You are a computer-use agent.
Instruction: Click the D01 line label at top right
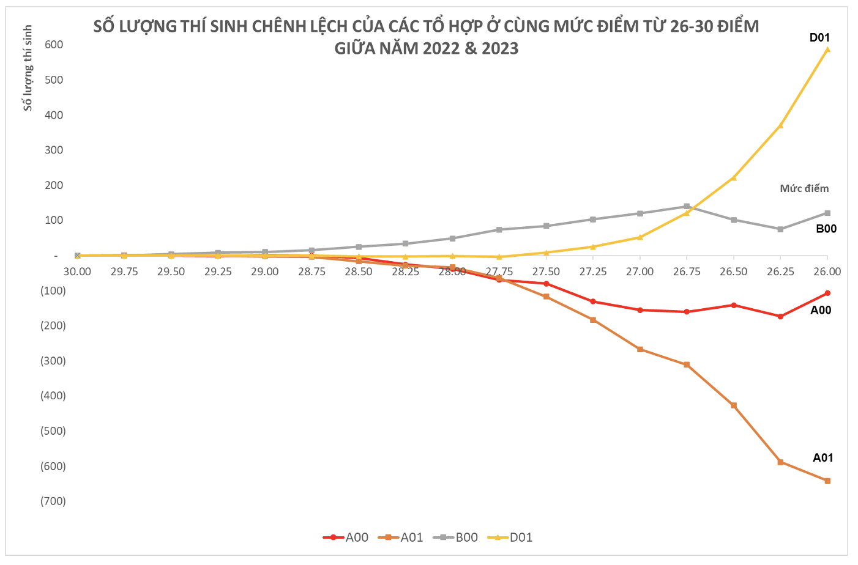[819, 38]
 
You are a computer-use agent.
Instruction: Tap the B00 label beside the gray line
[826, 229]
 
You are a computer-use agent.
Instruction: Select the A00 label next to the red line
[821, 310]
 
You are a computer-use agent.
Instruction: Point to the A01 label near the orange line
[823, 457]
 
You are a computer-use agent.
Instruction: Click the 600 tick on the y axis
[54, 45]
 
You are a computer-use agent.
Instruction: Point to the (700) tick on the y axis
[53, 501]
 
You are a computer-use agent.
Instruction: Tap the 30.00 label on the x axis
[77, 271]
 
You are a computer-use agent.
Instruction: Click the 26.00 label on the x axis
[827, 271]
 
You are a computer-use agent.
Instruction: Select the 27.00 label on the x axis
[640, 271]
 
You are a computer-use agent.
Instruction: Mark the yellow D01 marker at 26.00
[827, 50]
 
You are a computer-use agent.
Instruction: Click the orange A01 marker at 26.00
[827, 481]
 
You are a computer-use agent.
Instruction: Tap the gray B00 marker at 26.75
[687, 207]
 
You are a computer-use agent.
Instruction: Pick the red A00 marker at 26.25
[780, 316]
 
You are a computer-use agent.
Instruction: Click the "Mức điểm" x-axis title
[804, 188]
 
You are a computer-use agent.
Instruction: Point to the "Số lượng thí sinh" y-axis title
[28, 68]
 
